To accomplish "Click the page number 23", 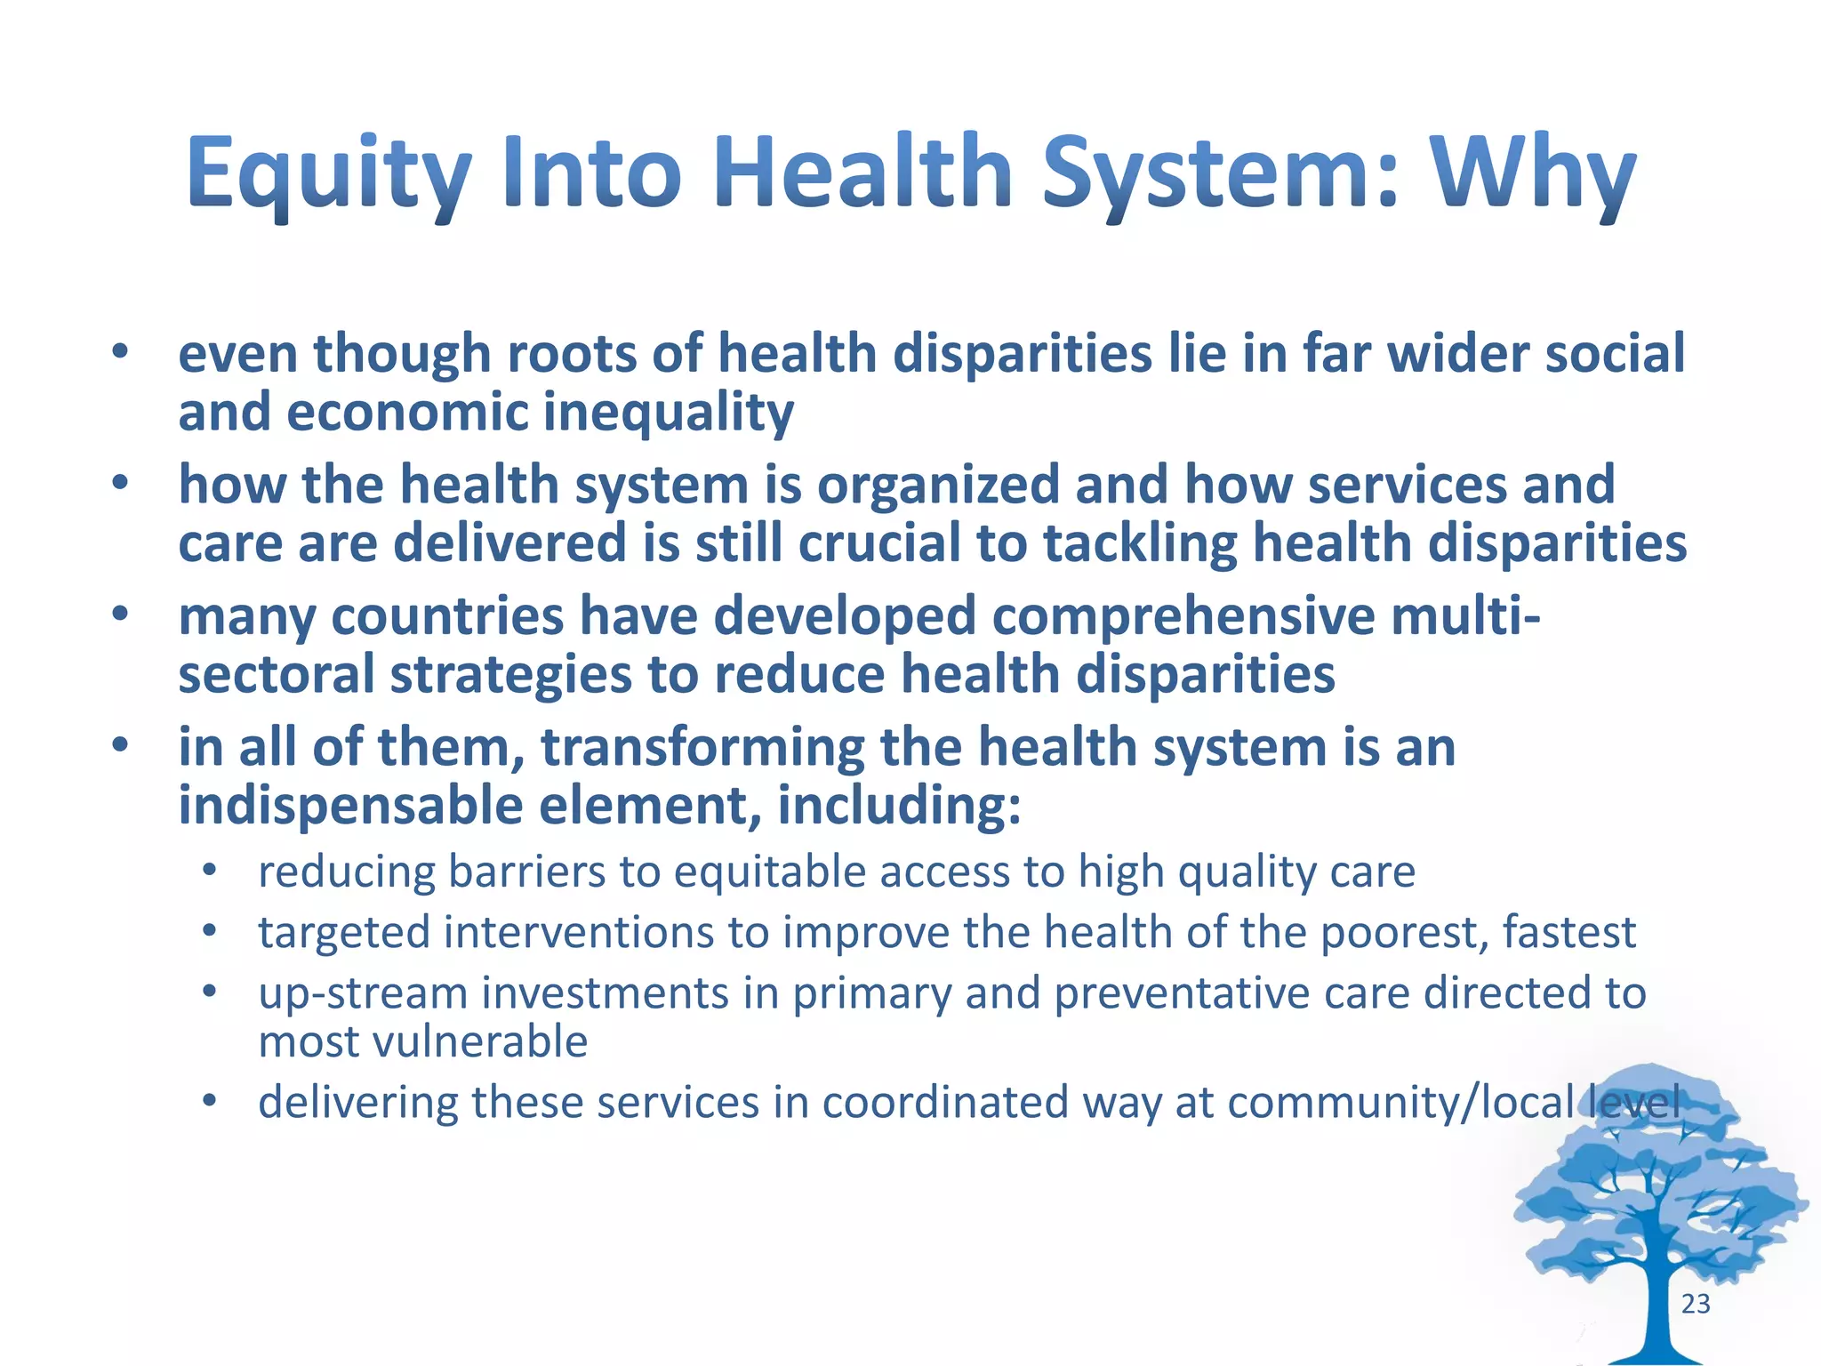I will (1695, 1304).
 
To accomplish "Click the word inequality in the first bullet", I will (668, 414).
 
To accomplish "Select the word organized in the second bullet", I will (938, 486).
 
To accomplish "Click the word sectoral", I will (277, 674).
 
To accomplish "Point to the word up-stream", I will (363, 994).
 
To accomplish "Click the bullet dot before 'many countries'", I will (120, 614).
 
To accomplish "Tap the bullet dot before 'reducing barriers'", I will (209, 871).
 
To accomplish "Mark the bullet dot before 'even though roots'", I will (120, 352).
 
